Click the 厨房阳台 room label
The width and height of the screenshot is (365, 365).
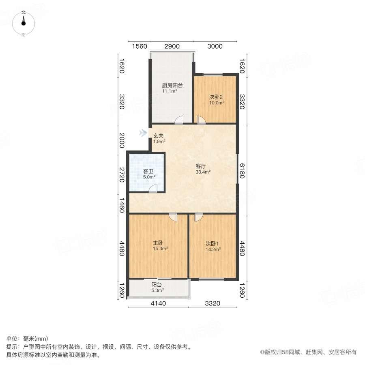pos(172,86)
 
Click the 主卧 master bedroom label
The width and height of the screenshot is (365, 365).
pos(158,243)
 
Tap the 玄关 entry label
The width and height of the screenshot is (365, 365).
pos(158,136)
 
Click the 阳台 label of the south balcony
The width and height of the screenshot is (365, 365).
pos(157,285)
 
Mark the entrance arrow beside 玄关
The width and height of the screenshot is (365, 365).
pos(142,133)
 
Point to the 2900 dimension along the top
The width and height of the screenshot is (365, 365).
pos(172,46)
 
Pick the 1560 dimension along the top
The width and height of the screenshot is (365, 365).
pos(140,46)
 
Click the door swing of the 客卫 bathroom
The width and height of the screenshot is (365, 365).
pos(153,188)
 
